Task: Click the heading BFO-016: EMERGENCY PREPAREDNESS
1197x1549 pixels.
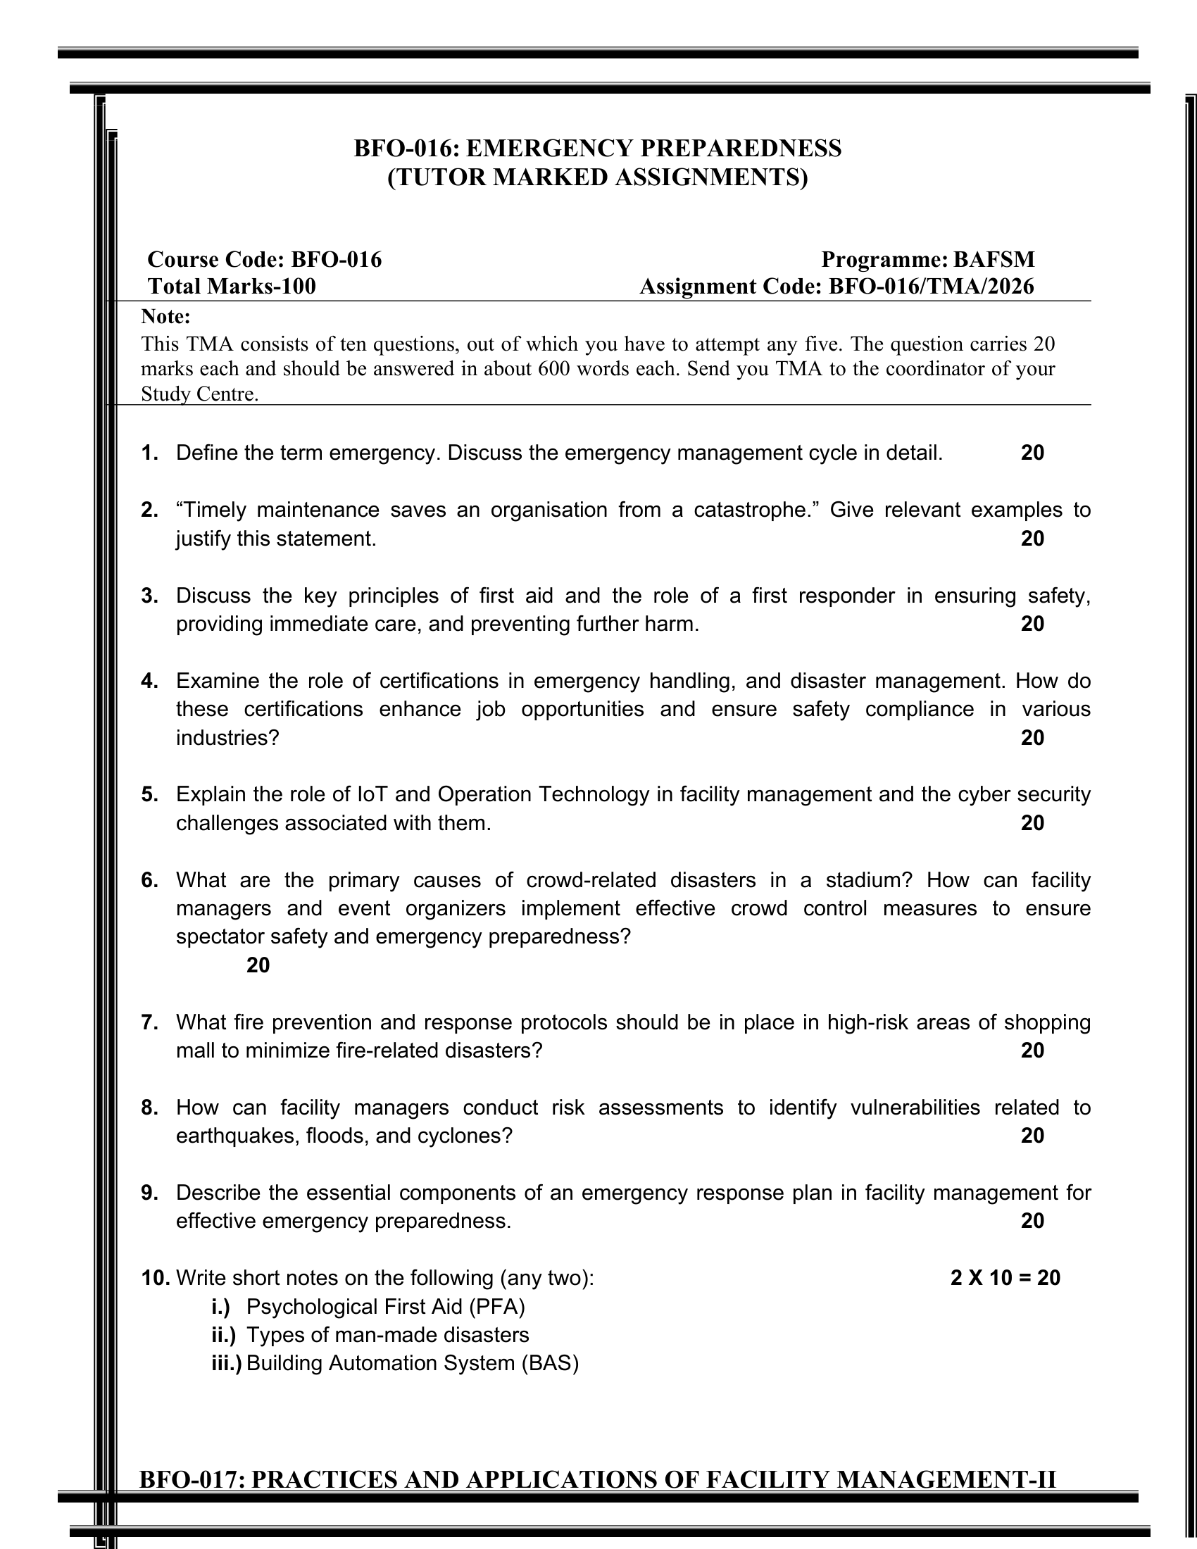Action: [597, 149]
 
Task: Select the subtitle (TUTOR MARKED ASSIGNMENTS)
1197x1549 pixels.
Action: [597, 177]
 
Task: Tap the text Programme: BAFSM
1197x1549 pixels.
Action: [927, 260]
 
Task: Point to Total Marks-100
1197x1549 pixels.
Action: [232, 287]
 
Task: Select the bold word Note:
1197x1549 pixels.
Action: [166, 316]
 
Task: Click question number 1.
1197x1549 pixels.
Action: [149, 453]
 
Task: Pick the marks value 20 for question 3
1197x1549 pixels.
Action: [1032, 623]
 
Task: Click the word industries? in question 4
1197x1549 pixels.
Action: [227, 738]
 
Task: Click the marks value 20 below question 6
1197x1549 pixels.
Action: [258, 965]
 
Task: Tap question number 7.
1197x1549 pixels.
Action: [149, 1022]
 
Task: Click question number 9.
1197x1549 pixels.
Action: [149, 1193]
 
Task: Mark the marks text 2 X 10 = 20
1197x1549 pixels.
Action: [1005, 1278]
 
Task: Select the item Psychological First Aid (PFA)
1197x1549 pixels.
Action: [386, 1306]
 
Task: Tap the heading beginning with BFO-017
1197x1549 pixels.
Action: [597, 1479]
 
